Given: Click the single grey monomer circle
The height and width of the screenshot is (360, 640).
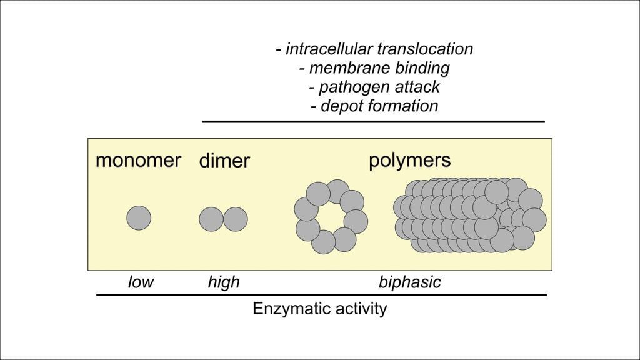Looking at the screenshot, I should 139,218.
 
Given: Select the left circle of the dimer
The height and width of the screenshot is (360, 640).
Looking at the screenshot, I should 211,219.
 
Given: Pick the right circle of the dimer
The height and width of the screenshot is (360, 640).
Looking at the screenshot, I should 236,219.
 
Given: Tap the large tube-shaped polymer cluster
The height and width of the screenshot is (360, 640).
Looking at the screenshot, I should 469,216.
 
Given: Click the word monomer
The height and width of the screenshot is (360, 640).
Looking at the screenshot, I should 138,160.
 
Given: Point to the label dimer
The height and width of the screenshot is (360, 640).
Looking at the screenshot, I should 224,161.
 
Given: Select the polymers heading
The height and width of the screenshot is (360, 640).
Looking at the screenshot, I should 409,160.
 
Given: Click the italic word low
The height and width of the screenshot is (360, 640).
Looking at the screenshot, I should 141,282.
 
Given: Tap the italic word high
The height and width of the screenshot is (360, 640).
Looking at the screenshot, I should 224,282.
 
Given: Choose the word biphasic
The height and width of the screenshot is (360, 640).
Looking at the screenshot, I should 409,282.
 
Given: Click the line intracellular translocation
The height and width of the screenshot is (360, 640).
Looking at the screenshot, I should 374,49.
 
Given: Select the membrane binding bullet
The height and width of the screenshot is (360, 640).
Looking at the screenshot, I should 374,67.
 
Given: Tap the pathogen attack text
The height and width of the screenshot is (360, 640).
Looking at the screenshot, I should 374,86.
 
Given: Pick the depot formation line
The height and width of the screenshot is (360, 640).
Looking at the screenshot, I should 374,105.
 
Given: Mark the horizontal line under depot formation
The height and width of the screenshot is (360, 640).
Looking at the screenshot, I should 374,121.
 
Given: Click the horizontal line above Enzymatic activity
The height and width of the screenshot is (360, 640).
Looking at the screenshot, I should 321,294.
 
